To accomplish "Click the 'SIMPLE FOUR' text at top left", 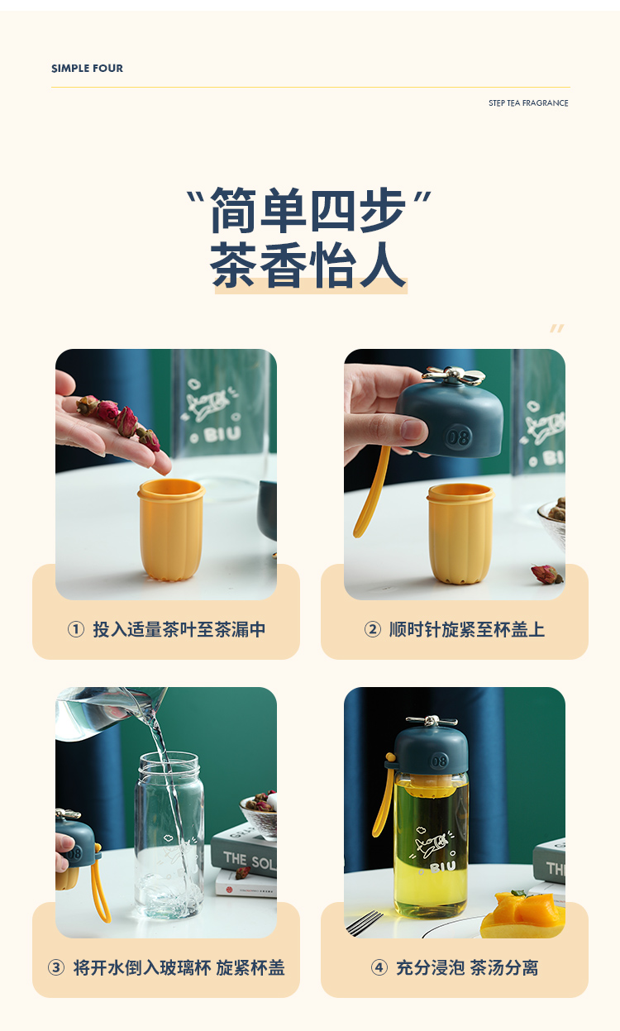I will tap(87, 69).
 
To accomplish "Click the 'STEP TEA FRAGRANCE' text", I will tap(528, 103).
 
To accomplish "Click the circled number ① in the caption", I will tap(76, 629).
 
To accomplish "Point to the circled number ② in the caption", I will tap(373, 629).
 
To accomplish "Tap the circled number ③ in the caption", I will tap(56, 967).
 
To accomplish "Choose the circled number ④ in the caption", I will tap(379, 967).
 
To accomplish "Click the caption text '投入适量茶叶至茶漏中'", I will tap(179, 629).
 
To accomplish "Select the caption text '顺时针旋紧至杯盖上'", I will tap(467, 629).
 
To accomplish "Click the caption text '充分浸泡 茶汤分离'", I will tap(467, 967).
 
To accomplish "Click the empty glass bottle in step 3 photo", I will tap(169, 835).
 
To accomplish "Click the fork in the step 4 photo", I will tap(365, 922).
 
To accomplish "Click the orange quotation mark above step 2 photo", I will tap(557, 329).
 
